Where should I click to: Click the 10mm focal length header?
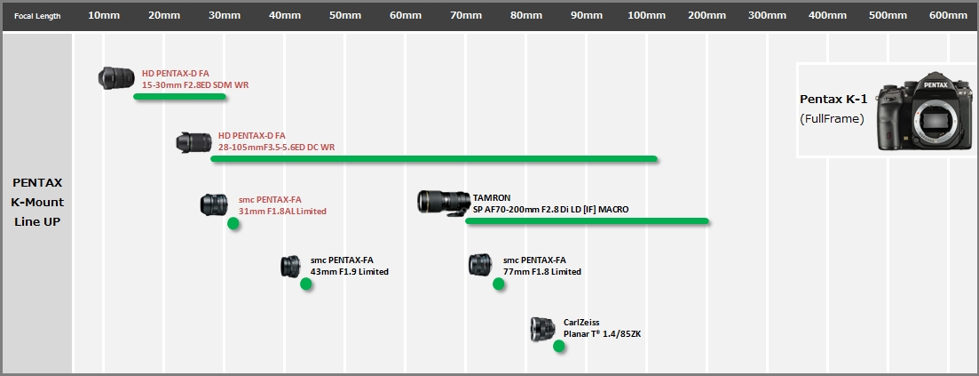[x=104, y=16]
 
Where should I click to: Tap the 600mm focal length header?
[x=948, y=16]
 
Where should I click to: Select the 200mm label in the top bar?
[x=707, y=16]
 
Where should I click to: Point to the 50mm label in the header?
[x=345, y=16]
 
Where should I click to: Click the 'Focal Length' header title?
[x=37, y=16]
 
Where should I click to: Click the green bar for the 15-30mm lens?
[x=180, y=96]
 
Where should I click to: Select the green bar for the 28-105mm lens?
[x=435, y=159]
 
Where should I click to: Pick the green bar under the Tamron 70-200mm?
[x=587, y=220]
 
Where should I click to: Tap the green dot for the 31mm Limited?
[x=233, y=223]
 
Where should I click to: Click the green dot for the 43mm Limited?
[x=306, y=284]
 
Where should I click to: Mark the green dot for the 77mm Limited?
[x=498, y=284]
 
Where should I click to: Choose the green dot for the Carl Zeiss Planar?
[x=559, y=346]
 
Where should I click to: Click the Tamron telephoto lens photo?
[x=444, y=203]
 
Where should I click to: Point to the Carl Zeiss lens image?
[x=542, y=329]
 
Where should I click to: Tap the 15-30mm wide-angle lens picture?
[x=116, y=78]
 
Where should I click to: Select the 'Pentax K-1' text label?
[x=833, y=100]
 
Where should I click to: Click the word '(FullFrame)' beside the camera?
[x=832, y=119]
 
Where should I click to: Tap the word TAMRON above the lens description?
[x=492, y=197]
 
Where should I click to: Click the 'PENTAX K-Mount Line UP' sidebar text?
[x=37, y=202]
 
